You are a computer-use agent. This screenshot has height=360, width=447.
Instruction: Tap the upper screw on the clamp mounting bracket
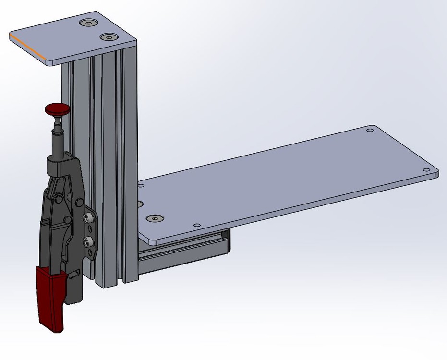tap(87, 219)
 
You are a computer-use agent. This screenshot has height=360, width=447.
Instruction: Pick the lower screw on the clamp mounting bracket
tap(87, 240)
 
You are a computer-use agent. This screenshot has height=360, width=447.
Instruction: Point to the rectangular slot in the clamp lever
tap(74, 275)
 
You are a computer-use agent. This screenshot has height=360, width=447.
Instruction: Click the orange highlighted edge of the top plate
tap(27, 48)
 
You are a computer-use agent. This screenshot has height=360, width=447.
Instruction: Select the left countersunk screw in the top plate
tap(88, 23)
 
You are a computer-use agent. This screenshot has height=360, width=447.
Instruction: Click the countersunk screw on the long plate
tap(155, 219)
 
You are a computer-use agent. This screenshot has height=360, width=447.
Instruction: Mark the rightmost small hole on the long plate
tap(425, 170)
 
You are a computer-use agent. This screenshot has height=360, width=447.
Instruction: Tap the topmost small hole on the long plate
tap(369, 130)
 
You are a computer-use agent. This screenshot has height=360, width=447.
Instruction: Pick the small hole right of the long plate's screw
tap(196, 225)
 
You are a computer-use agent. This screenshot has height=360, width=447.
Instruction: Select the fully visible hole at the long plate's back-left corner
tap(141, 184)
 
